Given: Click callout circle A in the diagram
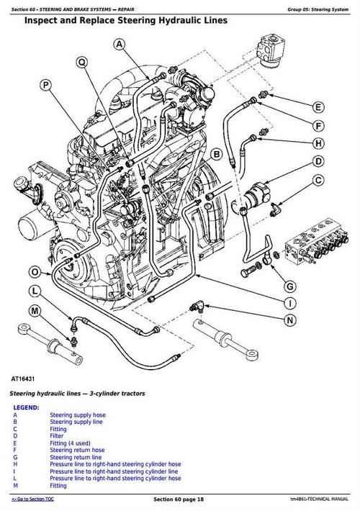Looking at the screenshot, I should (x=120, y=45).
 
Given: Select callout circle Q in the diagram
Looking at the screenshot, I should (x=82, y=63).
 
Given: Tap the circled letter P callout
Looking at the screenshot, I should (x=45, y=86).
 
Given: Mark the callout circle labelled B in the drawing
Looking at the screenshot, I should (x=216, y=154).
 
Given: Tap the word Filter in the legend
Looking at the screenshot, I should (x=58, y=436).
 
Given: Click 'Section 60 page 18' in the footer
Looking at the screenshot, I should (x=180, y=499).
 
